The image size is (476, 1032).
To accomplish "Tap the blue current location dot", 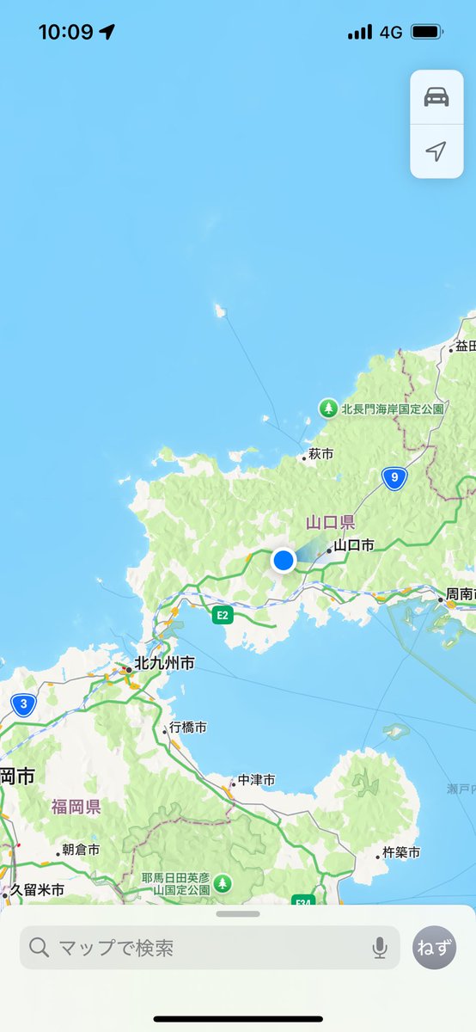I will pyautogui.click(x=284, y=561).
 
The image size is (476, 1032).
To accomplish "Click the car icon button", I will pyautogui.click(x=436, y=97).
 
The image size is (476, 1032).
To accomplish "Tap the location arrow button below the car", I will pyautogui.click(x=436, y=151).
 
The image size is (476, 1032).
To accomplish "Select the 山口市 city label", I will pyautogui.click(x=354, y=545).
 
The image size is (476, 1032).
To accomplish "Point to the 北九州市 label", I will pyautogui.click(x=163, y=664).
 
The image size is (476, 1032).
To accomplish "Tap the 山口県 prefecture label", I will pyautogui.click(x=330, y=523).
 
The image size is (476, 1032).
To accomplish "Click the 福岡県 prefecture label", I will pyautogui.click(x=76, y=807).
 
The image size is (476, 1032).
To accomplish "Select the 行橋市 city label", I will pyautogui.click(x=187, y=728).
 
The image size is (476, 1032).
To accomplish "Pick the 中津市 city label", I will pyautogui.click(x=256, y=780).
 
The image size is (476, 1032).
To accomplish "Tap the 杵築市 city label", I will pyautogui.click(x=401, y=853).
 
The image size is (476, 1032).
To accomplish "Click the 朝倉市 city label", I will pyautogui.click(x=81, y=850).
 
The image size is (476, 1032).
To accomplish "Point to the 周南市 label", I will pyautogui.click(x=460, y=595).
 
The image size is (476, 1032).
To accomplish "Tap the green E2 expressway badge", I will pyautogui.click(x=223, y=615).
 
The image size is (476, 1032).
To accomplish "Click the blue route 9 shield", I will pyautogui.click(x=394, y=478).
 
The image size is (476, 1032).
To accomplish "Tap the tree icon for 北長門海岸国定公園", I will pyautogui.click(x=328, y=408).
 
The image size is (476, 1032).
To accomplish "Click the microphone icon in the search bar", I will pyautogui.click(x=380, y=948).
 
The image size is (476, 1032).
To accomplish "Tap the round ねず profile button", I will pyautogui.click(x=435, y=948).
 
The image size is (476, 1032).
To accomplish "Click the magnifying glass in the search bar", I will pyautogui.click(x=40, y=948).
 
